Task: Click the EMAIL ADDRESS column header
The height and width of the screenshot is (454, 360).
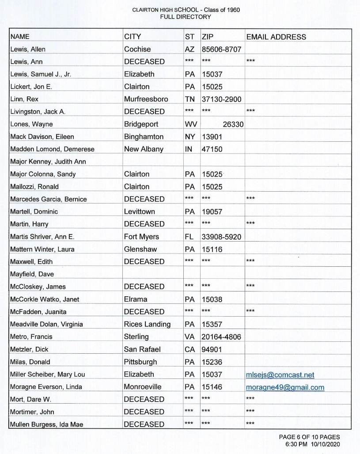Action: pos(276,37)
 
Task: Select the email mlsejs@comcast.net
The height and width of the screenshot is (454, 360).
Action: pos(280,375)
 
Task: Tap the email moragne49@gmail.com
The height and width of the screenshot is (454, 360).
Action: pos(285,387)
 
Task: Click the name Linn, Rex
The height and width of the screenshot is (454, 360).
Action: pos(24,99)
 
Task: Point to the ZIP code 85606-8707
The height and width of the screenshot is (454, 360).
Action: pos(221,49)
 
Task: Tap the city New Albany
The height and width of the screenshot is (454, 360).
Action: pos(144,149)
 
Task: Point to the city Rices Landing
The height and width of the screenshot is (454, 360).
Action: pos(147,324)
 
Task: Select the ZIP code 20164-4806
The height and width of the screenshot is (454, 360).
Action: pos(221,337)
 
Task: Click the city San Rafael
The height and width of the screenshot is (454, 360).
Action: pos(142,349)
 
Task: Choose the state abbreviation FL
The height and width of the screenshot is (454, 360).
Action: pos(189,237)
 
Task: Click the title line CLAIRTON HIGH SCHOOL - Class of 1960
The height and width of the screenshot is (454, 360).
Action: pos(186,10)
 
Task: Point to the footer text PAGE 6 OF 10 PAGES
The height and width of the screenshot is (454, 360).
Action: pos(309,437)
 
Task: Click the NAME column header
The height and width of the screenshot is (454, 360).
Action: pos(20,37)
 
